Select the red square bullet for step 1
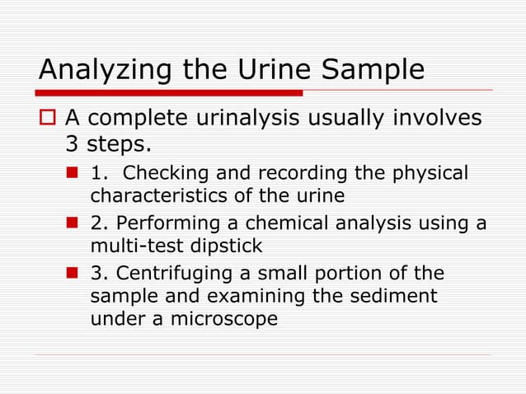click(x=74, y=174)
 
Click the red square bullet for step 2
click(x=74, y=224)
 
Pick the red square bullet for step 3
click(x=74, y=274)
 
